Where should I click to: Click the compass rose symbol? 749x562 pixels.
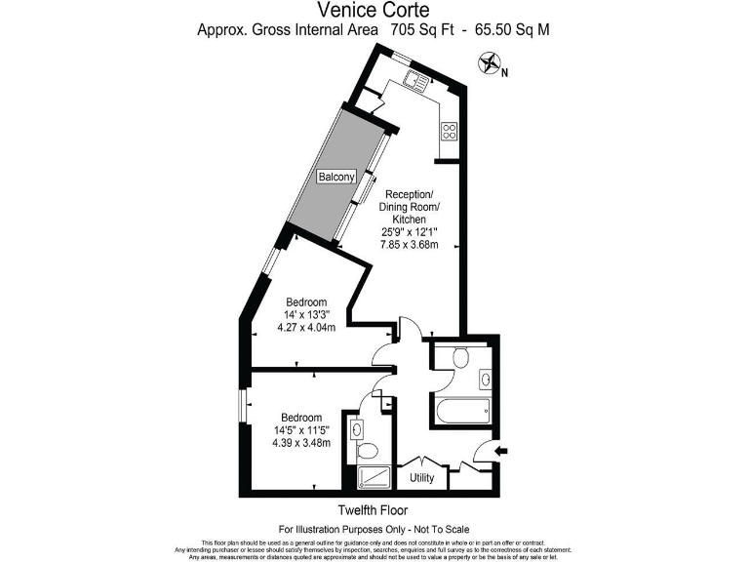tap(489, 66)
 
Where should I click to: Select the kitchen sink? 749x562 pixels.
tap(419, 81)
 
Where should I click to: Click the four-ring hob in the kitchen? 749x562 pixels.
tap(451, 130)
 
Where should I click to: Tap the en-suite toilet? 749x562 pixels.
tap(369, 452)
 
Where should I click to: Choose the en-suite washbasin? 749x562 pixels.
tap(357, 428)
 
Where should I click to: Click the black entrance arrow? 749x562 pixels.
tap(502, 450)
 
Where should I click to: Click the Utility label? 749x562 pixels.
tap(421, 478)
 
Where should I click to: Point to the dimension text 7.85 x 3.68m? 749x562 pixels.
tap(410, 245)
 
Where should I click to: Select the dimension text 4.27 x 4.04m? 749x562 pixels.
tap(306, 327)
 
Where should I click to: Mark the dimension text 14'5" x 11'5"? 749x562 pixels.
tap(301, 430)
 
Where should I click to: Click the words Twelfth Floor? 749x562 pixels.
tap(374, 510)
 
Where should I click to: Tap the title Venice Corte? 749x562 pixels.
tap(374, 11)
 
